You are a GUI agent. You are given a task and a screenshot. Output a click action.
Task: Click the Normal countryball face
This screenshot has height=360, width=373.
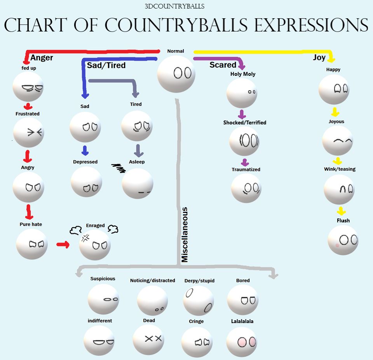[x=176, y=73]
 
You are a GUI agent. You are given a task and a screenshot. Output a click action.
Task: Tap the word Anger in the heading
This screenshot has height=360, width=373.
[x=42, y=58]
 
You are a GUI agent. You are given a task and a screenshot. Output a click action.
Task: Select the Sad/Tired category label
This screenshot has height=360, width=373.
[x=106, y=65]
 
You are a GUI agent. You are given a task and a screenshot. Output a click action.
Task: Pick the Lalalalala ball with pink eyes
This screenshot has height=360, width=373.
[x=242, y=342]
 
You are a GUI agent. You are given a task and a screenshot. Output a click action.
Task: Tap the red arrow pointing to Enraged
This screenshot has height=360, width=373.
[x=63, y=245]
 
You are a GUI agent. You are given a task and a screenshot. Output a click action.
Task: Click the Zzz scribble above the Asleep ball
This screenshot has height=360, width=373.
[x=119, y=168]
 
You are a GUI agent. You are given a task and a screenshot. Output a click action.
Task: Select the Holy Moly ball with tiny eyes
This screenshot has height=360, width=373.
[x=242, y=93]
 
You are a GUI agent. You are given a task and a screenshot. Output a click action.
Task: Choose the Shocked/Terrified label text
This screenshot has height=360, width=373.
[x=245, y=122]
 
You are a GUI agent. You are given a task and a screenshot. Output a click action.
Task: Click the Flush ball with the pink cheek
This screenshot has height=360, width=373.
[x=343, y=240]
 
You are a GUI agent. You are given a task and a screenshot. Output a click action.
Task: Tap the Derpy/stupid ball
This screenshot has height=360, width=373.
[x=198, y=301]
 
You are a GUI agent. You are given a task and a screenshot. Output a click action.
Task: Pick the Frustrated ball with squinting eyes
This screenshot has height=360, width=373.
[x=28, y=133]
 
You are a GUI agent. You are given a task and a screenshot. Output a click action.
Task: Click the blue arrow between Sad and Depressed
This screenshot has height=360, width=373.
[x=85, y=150]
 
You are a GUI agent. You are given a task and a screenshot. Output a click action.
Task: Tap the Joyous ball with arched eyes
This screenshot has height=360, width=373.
[x=337, y=140]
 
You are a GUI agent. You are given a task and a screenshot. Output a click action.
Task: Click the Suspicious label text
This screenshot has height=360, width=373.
[x=103, y=279]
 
